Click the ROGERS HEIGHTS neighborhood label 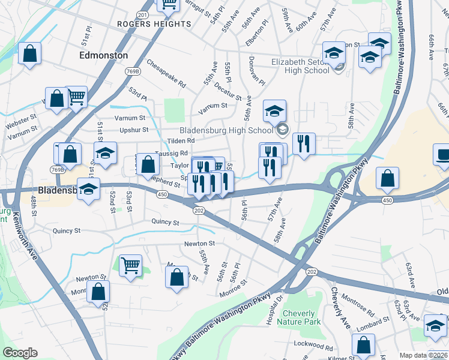(x=154, y=24)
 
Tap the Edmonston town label (x=103, y=55)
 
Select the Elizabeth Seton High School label (x=301, y=65)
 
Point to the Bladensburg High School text (x=227, y=130)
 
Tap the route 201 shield (x=142, y=14)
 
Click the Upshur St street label (x=133, y=130)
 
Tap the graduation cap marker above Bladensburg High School (x=275, y=111)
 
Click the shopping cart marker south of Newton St (x=130, y=265)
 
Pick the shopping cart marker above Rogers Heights (x=169, y=4)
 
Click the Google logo (x=19, y=353)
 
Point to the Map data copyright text (x=423, y=355)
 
